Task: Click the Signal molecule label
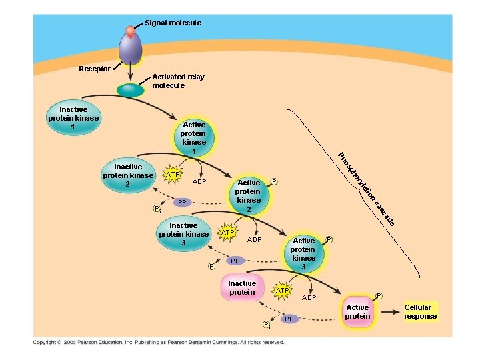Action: tap(173, 23)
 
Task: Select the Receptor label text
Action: tap(95, 69)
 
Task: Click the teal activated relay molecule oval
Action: tap(132, 91)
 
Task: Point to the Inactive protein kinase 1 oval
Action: tap(73, 118)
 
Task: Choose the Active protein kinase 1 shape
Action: tap(194, 138)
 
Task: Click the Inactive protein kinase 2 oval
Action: tap(128, 175)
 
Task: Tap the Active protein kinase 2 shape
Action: tap(249, 196)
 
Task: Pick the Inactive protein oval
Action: tap(242, 288)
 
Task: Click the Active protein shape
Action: tap(357, 312)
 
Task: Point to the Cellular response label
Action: tap(421, 312)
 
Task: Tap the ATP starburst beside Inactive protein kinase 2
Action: tap(172, 175)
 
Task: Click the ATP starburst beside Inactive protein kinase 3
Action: tap(227, 232)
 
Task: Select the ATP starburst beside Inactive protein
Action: tap(282, 291)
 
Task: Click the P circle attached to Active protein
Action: tap(379, 295)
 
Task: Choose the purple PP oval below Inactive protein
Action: tap(289, 319)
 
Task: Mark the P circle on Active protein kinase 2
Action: tap(274, 181)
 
